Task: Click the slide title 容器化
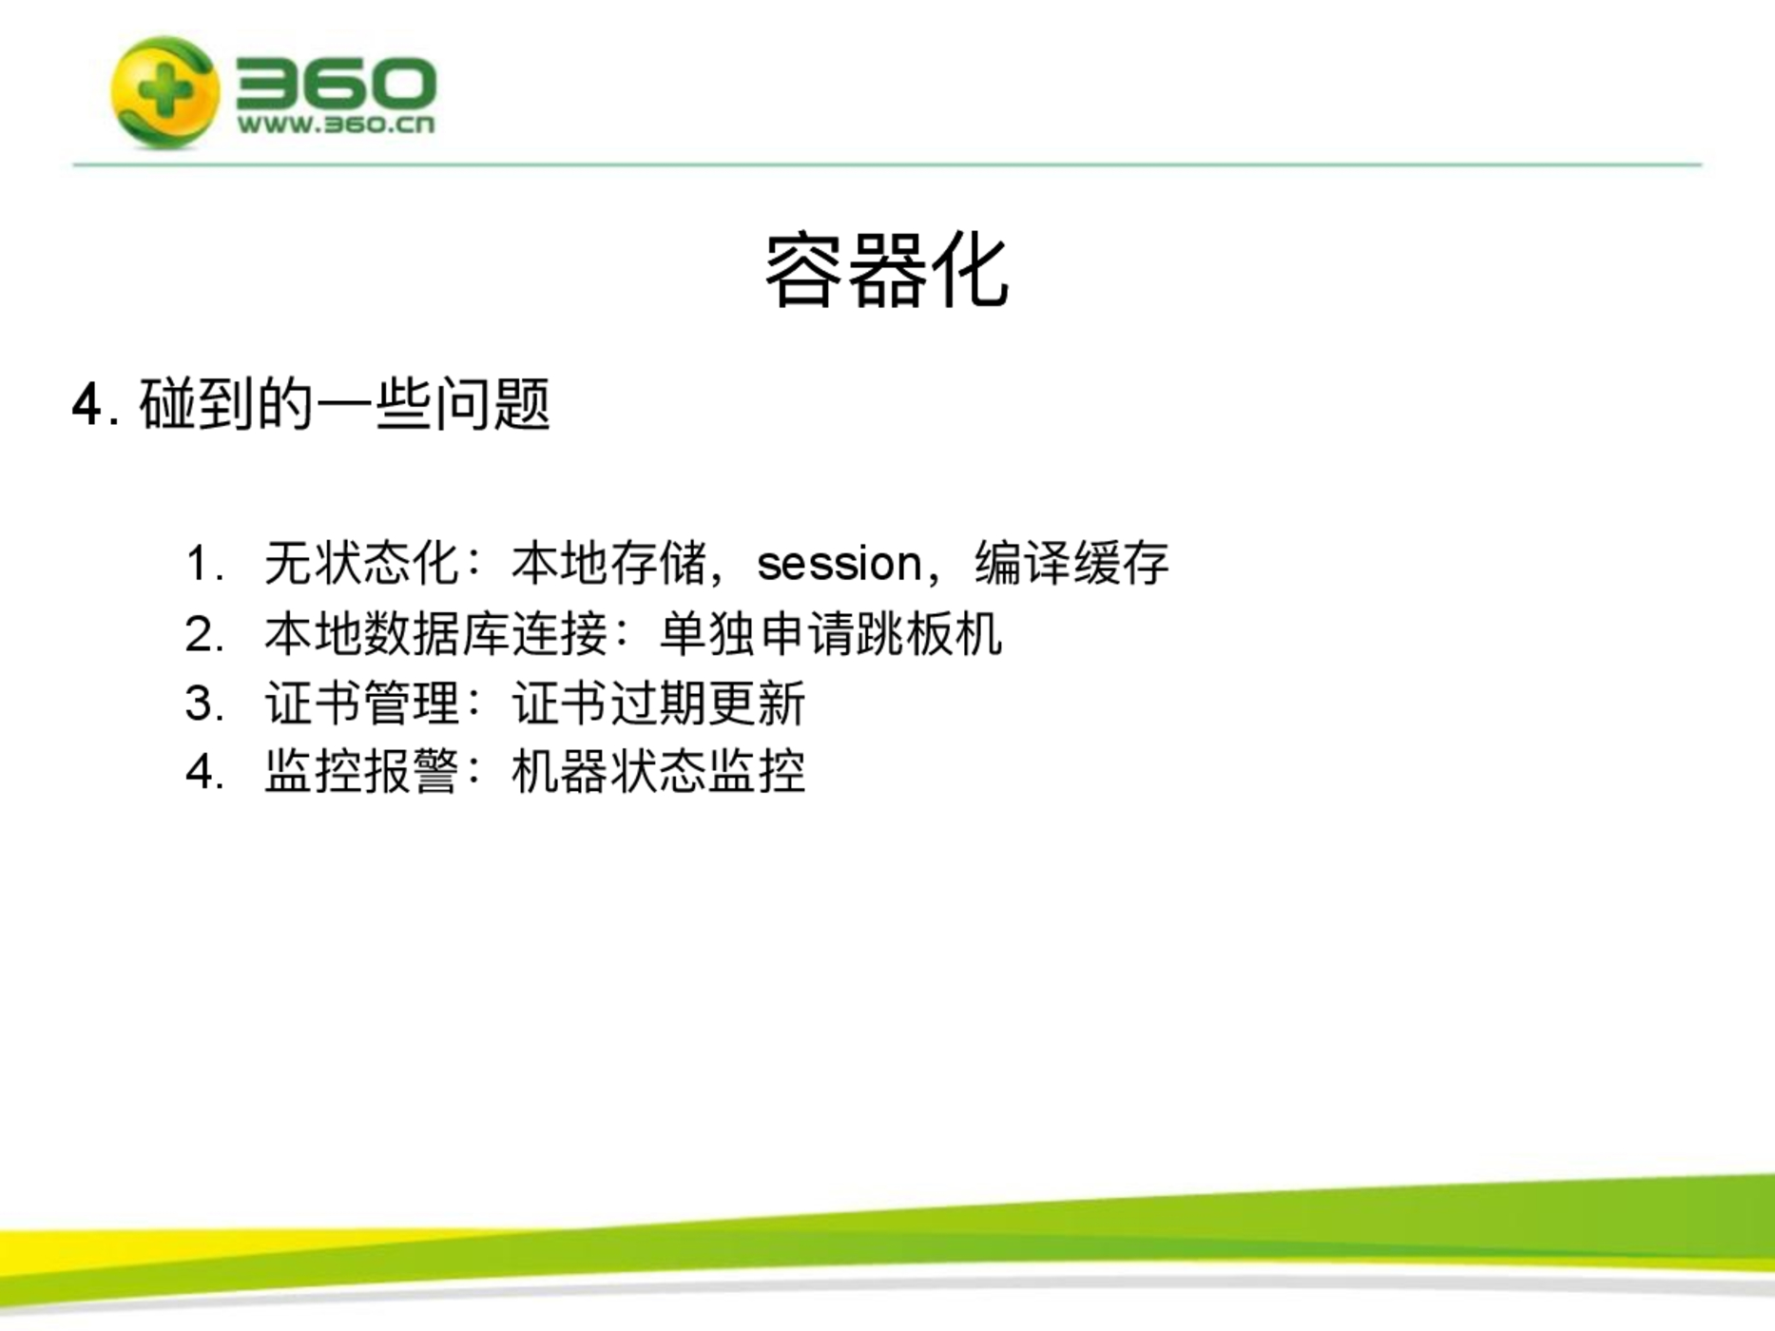tap(886, 272)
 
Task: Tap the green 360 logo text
tap(336, 84)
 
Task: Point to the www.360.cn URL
tap(336, 125)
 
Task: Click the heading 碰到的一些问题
tap(345, 404)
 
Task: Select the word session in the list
tap(839, 564)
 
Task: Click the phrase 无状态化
tap(362, 563)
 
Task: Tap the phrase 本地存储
tap(609, 563)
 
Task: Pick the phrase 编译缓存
tap(1071, 563)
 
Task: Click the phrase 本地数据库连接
tap(436, 634)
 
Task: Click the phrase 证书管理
tap(362, 704)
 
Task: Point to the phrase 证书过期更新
tap(659, 704)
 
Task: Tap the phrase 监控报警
tap(362, 771)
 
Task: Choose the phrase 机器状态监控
tap(659, 771)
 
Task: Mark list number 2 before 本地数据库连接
tap(200, 634)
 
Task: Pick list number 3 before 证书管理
tap(200, 704)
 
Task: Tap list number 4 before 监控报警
tap(200, 772)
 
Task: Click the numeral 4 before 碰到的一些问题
tap(87, 406)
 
